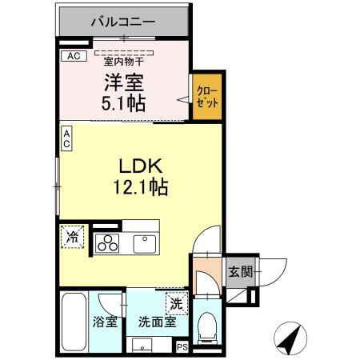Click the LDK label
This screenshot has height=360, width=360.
click(x=141, y=167)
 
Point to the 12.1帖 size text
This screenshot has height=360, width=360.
click(x=141, y=188)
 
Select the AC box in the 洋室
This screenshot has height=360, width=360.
click(x=73, y=56)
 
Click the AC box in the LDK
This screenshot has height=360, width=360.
click(x=67, y=138)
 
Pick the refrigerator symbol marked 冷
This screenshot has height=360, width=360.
click(x=73, y=237)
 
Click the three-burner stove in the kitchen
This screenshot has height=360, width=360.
click(x=107, y=242)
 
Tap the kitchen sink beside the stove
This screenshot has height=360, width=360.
click(x=144, y=242)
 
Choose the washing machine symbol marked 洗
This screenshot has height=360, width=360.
click(x=175, y=304)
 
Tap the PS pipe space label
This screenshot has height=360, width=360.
click(x=182, y=346)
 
